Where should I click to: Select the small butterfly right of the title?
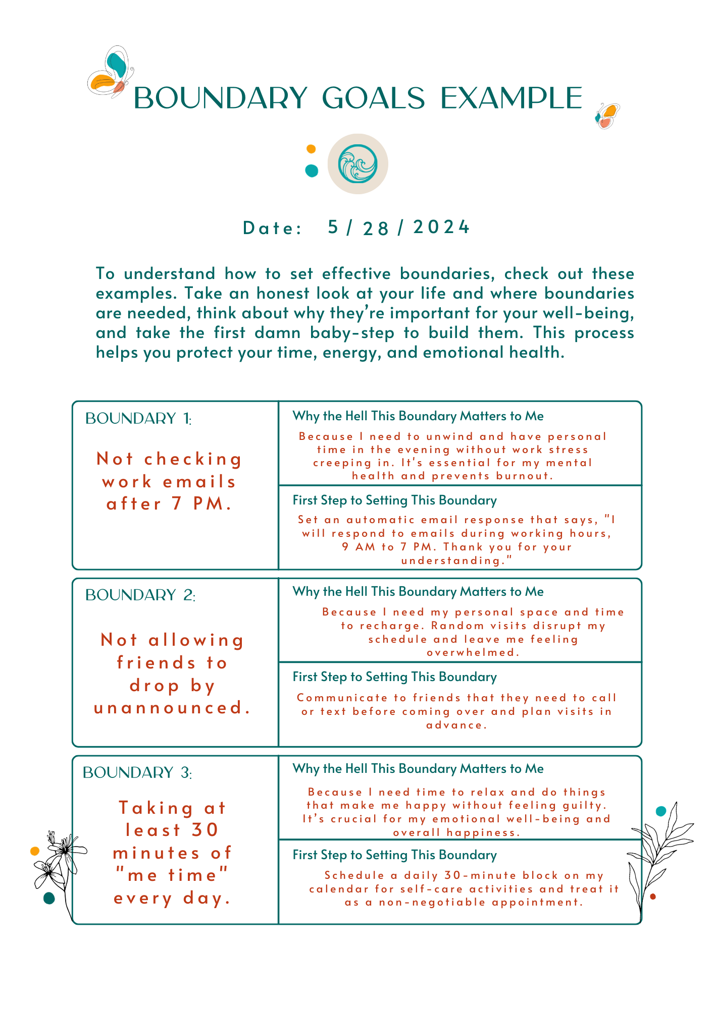coord(607,116)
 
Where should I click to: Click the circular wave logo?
coord(358,164)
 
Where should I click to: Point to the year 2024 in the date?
coord(441,227)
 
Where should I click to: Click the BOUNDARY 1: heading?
coord(138,419)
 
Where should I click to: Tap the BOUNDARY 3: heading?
coord(137,773)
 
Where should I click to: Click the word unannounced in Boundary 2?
coord(172,708)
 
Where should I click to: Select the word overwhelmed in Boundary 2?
coord(473,652)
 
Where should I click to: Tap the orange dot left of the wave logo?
coord(311,149)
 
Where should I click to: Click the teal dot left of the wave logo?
coord(312,171)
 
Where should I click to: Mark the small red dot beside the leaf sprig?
coord(653,896)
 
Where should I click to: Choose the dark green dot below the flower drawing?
coord(49,898)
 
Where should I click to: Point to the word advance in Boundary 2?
coord(456,725)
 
